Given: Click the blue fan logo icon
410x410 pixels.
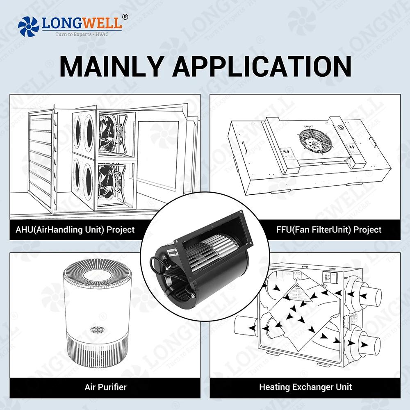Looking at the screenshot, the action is click(x=29, y=26).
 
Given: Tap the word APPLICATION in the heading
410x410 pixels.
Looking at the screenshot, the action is click(x=262, y=66).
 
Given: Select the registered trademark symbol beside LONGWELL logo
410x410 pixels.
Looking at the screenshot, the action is click(x=125, y=17).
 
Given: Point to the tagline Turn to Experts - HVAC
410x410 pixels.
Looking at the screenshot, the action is click(x=82, y=34).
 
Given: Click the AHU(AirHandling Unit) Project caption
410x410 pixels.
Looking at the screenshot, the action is click(x=75, y=230).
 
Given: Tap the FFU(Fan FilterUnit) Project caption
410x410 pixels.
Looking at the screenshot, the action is click(x=329, y=230).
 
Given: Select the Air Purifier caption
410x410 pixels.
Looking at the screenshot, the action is click(x=105, y=387).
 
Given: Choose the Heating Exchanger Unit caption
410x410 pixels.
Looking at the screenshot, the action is click(x=305, y=387).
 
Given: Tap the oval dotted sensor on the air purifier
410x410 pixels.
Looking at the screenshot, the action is click(x=97, y=330).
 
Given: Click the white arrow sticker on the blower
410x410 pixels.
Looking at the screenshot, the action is click(x=173, y=253).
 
